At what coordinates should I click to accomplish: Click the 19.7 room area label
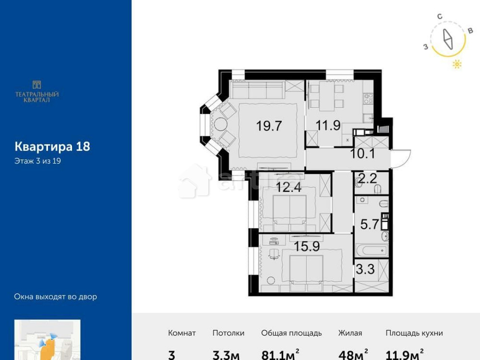269,126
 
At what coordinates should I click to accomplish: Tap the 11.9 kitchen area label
328,126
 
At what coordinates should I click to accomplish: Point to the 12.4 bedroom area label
288,188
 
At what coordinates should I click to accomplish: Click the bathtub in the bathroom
372,250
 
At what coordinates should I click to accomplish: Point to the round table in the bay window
220,124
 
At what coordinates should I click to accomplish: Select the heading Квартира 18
52,146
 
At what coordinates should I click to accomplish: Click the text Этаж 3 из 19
37,161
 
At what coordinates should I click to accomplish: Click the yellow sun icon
457,64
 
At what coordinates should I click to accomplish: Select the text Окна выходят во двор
56,297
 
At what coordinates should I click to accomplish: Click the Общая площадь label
291,333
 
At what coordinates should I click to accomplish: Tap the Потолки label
228,333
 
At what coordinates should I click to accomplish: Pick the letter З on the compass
425,47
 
